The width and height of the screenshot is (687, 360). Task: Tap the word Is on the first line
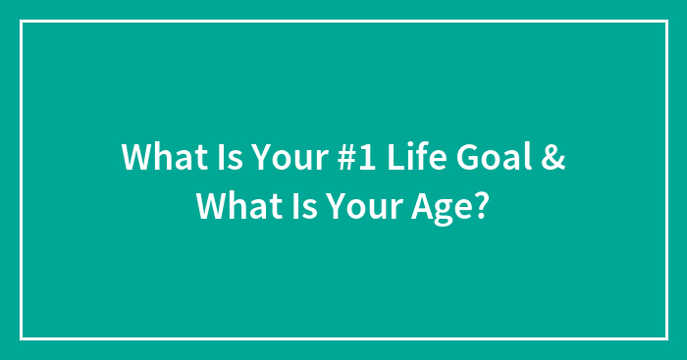217,158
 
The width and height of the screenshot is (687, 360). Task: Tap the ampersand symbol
553,158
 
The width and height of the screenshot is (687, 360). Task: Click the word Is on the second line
291,207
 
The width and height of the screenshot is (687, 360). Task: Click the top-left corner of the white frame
22,21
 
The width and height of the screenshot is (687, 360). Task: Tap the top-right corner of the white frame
665,21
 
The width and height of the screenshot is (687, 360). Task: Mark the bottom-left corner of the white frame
22,338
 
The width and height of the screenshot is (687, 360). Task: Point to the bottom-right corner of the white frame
665,338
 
